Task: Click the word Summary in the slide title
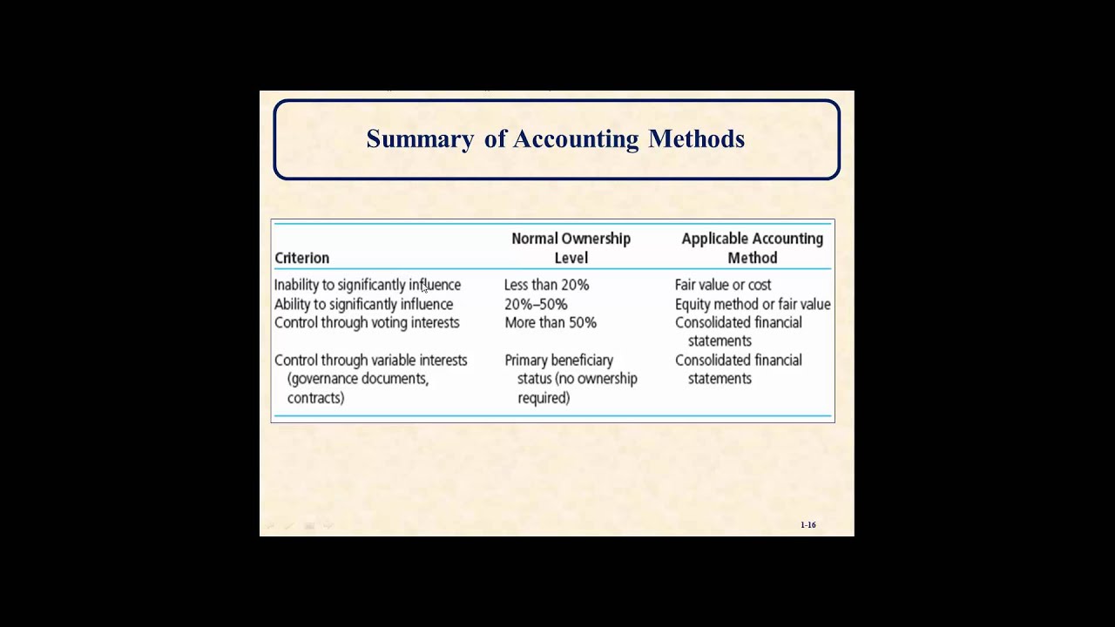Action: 420,139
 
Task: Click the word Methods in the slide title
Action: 696,139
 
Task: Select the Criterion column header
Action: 301,258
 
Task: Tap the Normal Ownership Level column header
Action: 571,248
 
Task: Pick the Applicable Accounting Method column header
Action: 752,248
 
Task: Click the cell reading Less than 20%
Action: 546,285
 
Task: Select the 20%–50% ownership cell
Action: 536,304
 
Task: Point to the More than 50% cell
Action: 551,322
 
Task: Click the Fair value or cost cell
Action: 722,285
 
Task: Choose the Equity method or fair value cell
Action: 752,304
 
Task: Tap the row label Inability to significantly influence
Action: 367,285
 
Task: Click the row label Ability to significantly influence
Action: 363,304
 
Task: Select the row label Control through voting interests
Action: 367,322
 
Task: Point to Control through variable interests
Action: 370,360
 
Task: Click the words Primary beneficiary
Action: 558,360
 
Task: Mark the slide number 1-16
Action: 808,525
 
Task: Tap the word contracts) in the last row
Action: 315,398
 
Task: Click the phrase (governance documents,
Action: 357,379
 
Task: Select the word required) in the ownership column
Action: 544,398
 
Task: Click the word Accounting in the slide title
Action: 576,139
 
